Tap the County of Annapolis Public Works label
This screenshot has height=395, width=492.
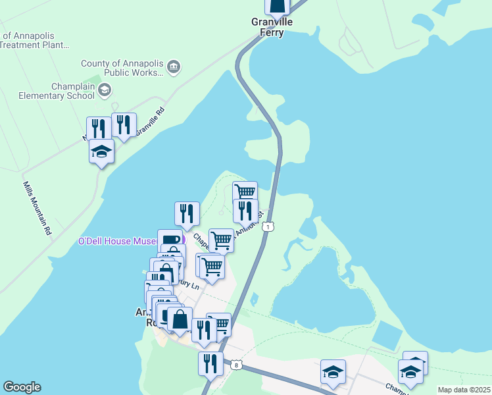(x=122, y=68)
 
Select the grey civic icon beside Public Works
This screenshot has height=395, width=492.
(x=174, y=66)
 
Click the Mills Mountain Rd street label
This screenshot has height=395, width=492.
(x=37, y=209)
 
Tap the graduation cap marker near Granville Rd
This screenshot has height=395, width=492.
(x=101, y=151)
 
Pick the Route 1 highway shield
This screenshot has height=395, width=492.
(x=267, y=227)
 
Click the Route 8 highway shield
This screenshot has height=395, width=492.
(x=235, y=364)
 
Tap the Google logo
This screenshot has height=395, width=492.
(x=22, y=387)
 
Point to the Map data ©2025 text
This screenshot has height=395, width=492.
(x=463, y=390)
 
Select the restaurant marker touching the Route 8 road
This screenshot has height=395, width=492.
(x=210, y=363)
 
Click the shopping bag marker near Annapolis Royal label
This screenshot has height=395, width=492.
(x=180, y=319)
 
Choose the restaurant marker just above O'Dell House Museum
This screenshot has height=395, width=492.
(x=187, y=213)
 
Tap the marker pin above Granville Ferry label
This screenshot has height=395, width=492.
(x=277, y=6)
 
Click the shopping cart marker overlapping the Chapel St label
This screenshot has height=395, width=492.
(x=221, y=241)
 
